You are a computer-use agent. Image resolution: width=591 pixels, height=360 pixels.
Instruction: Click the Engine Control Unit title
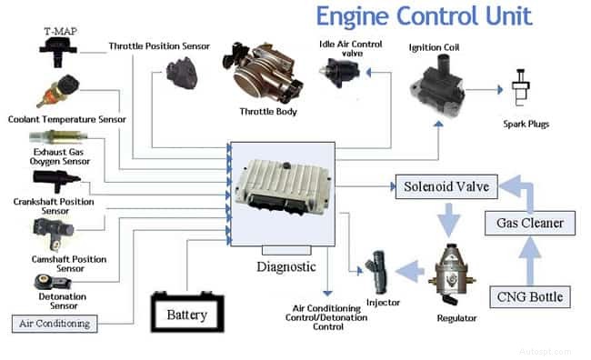(x=424, y=17)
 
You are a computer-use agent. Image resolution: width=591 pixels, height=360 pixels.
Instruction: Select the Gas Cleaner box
(x=530, y=223)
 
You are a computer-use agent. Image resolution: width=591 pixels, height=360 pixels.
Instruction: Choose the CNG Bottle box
(x=529, y=296)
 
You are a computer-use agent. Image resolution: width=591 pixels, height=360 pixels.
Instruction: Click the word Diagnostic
(x=285, y=267)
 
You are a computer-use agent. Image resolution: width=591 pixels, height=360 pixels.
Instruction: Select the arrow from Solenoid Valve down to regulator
(x=446, y=217)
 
